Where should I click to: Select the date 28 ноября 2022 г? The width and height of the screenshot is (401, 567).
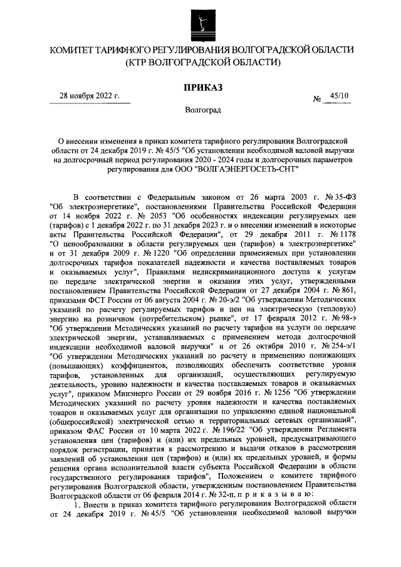[x=90, y=96]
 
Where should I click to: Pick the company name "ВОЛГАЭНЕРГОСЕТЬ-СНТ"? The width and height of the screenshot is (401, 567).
[x=246, y=169]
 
